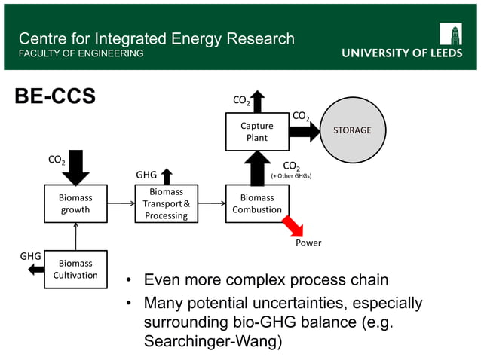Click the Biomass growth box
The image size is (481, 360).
(75, 203)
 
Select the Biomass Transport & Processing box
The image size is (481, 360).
(166, 204)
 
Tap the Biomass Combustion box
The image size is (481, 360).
(256, 204)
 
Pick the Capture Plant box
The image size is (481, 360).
(256, 132)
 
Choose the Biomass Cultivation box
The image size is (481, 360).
(75, 270)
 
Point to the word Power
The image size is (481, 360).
(308, 243)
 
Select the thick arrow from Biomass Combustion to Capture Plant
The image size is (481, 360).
(256, 168)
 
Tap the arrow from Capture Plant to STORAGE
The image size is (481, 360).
(304, 132)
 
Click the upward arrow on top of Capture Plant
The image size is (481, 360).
(258, 102)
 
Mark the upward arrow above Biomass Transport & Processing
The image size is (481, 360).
(167, 176)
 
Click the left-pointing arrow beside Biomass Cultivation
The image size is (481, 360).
(35, 270)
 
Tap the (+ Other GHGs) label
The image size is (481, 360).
(291, 176)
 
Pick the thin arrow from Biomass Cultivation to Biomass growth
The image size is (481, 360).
(75, 237)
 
